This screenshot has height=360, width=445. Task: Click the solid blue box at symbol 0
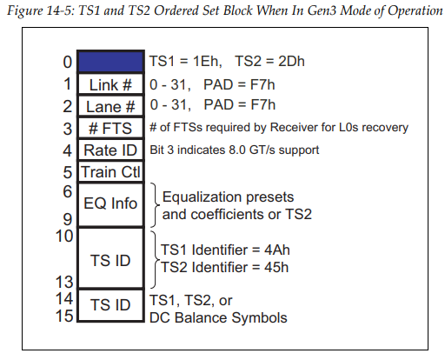click(110, 62)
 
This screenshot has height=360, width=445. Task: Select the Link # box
click(110, 84)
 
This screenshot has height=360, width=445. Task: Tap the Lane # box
click(110, 106)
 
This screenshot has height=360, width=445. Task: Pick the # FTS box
click(110, 128)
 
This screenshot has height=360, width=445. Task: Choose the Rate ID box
click(110, 150)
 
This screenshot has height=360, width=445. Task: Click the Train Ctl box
click(110, 172)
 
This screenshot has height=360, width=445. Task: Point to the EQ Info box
click(110, 205)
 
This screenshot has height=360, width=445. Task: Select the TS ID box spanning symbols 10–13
click(110, 258)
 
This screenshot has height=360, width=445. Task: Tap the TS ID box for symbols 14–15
click(110, 305)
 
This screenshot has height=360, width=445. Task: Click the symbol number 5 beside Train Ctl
click(68, 172)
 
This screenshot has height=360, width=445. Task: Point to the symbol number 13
click(64, 282)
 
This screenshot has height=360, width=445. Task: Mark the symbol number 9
click(68, 219)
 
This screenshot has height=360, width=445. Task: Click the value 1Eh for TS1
click(208, 62)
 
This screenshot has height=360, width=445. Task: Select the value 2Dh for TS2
click(291, 62)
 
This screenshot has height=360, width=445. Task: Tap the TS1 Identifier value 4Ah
click(277, 250)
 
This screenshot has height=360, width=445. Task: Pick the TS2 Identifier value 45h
click(276, 267)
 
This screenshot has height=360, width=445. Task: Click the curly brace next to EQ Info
click(155, 205)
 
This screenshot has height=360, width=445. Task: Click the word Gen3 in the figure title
click(322, 11)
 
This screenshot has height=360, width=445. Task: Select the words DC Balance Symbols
click(218, 317)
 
